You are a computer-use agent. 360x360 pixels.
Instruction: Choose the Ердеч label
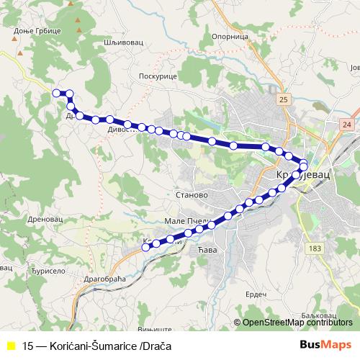pos(256,294)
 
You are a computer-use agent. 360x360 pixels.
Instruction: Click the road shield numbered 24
pos(347,125)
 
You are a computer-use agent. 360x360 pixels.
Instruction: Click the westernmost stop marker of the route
pos(56,92)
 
